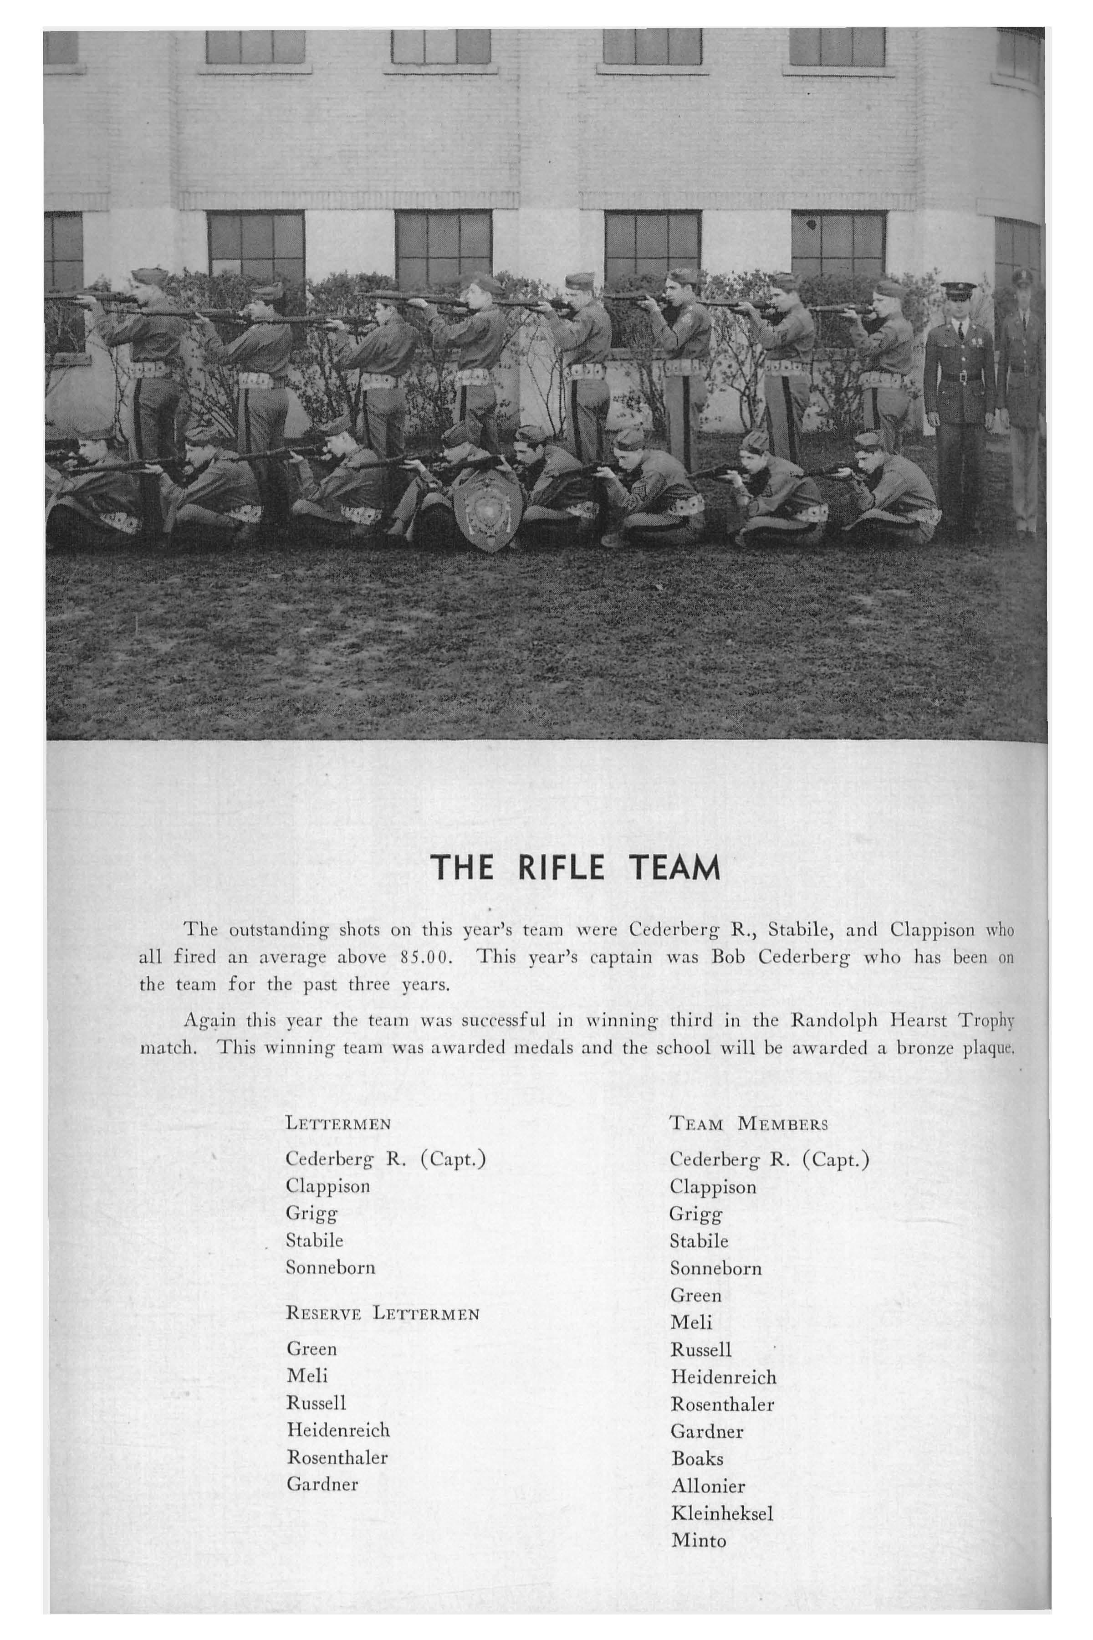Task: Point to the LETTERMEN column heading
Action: pyautogui.click(x=338, y=1123)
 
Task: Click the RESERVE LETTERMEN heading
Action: pyautogui.click(x=383, y=1314)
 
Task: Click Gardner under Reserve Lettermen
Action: pyautogui.click(x=322, y=1484)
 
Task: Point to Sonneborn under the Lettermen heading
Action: pyautogui.click(x=331, y=1267)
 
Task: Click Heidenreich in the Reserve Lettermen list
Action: pyautogui.click(x=338, y=1430)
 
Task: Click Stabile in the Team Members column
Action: pyautogui.click(x=699, y=1241)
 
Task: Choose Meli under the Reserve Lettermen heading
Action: pyautogui.click(x=306, y=1375)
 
